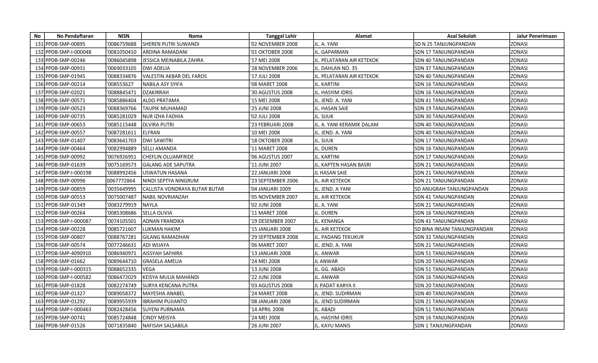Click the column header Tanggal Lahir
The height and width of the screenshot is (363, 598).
click(281, 36)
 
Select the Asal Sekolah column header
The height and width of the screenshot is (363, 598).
click(461, 36)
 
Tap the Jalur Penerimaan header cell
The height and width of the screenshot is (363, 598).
click(536, 36)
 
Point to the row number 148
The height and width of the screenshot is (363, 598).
click(39, 181)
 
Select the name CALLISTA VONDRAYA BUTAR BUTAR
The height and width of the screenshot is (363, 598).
click(183, 189)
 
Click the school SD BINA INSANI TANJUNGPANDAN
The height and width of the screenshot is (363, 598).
click(454, 229)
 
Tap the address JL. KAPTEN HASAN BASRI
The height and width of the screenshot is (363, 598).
click(342, 165)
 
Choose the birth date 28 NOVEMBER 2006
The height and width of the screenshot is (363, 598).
click(274, 68)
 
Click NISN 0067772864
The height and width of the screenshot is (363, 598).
click(121, 181)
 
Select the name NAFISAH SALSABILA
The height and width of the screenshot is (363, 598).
click(165, 326)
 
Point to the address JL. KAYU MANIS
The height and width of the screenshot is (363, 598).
click(332, 326)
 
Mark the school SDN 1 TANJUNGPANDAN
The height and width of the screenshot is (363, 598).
click(443, 326)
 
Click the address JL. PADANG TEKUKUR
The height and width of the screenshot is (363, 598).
click(339, 237)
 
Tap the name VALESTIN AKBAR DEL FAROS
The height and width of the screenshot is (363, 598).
click(175, 76)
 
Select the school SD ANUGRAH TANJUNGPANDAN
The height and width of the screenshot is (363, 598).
click(451, 189)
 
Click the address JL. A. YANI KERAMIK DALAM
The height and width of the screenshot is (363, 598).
click(346, 125)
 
